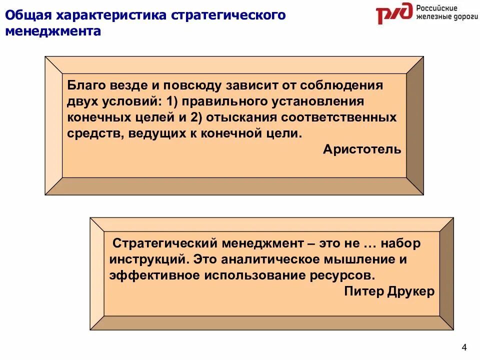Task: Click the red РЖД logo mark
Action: pos(394,13)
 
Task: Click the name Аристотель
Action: pos(362,149)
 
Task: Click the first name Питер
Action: pos(363,291)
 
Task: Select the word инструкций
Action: pos(148,260)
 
